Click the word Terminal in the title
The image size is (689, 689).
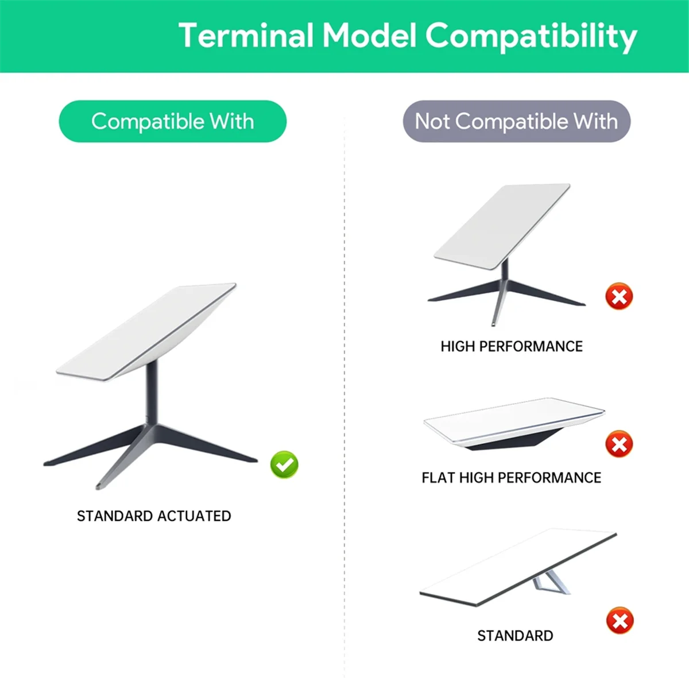tap(246, 35)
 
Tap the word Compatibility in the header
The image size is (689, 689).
tap(531, 37)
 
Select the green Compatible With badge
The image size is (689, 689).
tap(172, 121)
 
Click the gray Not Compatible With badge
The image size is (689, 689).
tap(516, 121)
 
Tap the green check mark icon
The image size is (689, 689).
tap(284, 465)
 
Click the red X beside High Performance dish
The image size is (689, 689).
tap(619, 296)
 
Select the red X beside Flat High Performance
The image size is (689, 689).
tap(619, 444)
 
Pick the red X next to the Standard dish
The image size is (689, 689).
tap(620, 620)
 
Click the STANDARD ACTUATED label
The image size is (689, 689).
tap(154, 516)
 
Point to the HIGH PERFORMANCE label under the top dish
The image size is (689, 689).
tap(512, 346)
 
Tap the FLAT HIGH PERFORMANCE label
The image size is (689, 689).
tap(512, 478)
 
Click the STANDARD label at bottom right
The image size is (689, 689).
tap(515, 636)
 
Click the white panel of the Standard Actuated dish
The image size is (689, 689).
tap(146, 332)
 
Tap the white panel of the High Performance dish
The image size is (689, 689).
tap(502, 227)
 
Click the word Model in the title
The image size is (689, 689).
tap(370, 35)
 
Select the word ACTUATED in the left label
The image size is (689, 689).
tap(194, 516)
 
